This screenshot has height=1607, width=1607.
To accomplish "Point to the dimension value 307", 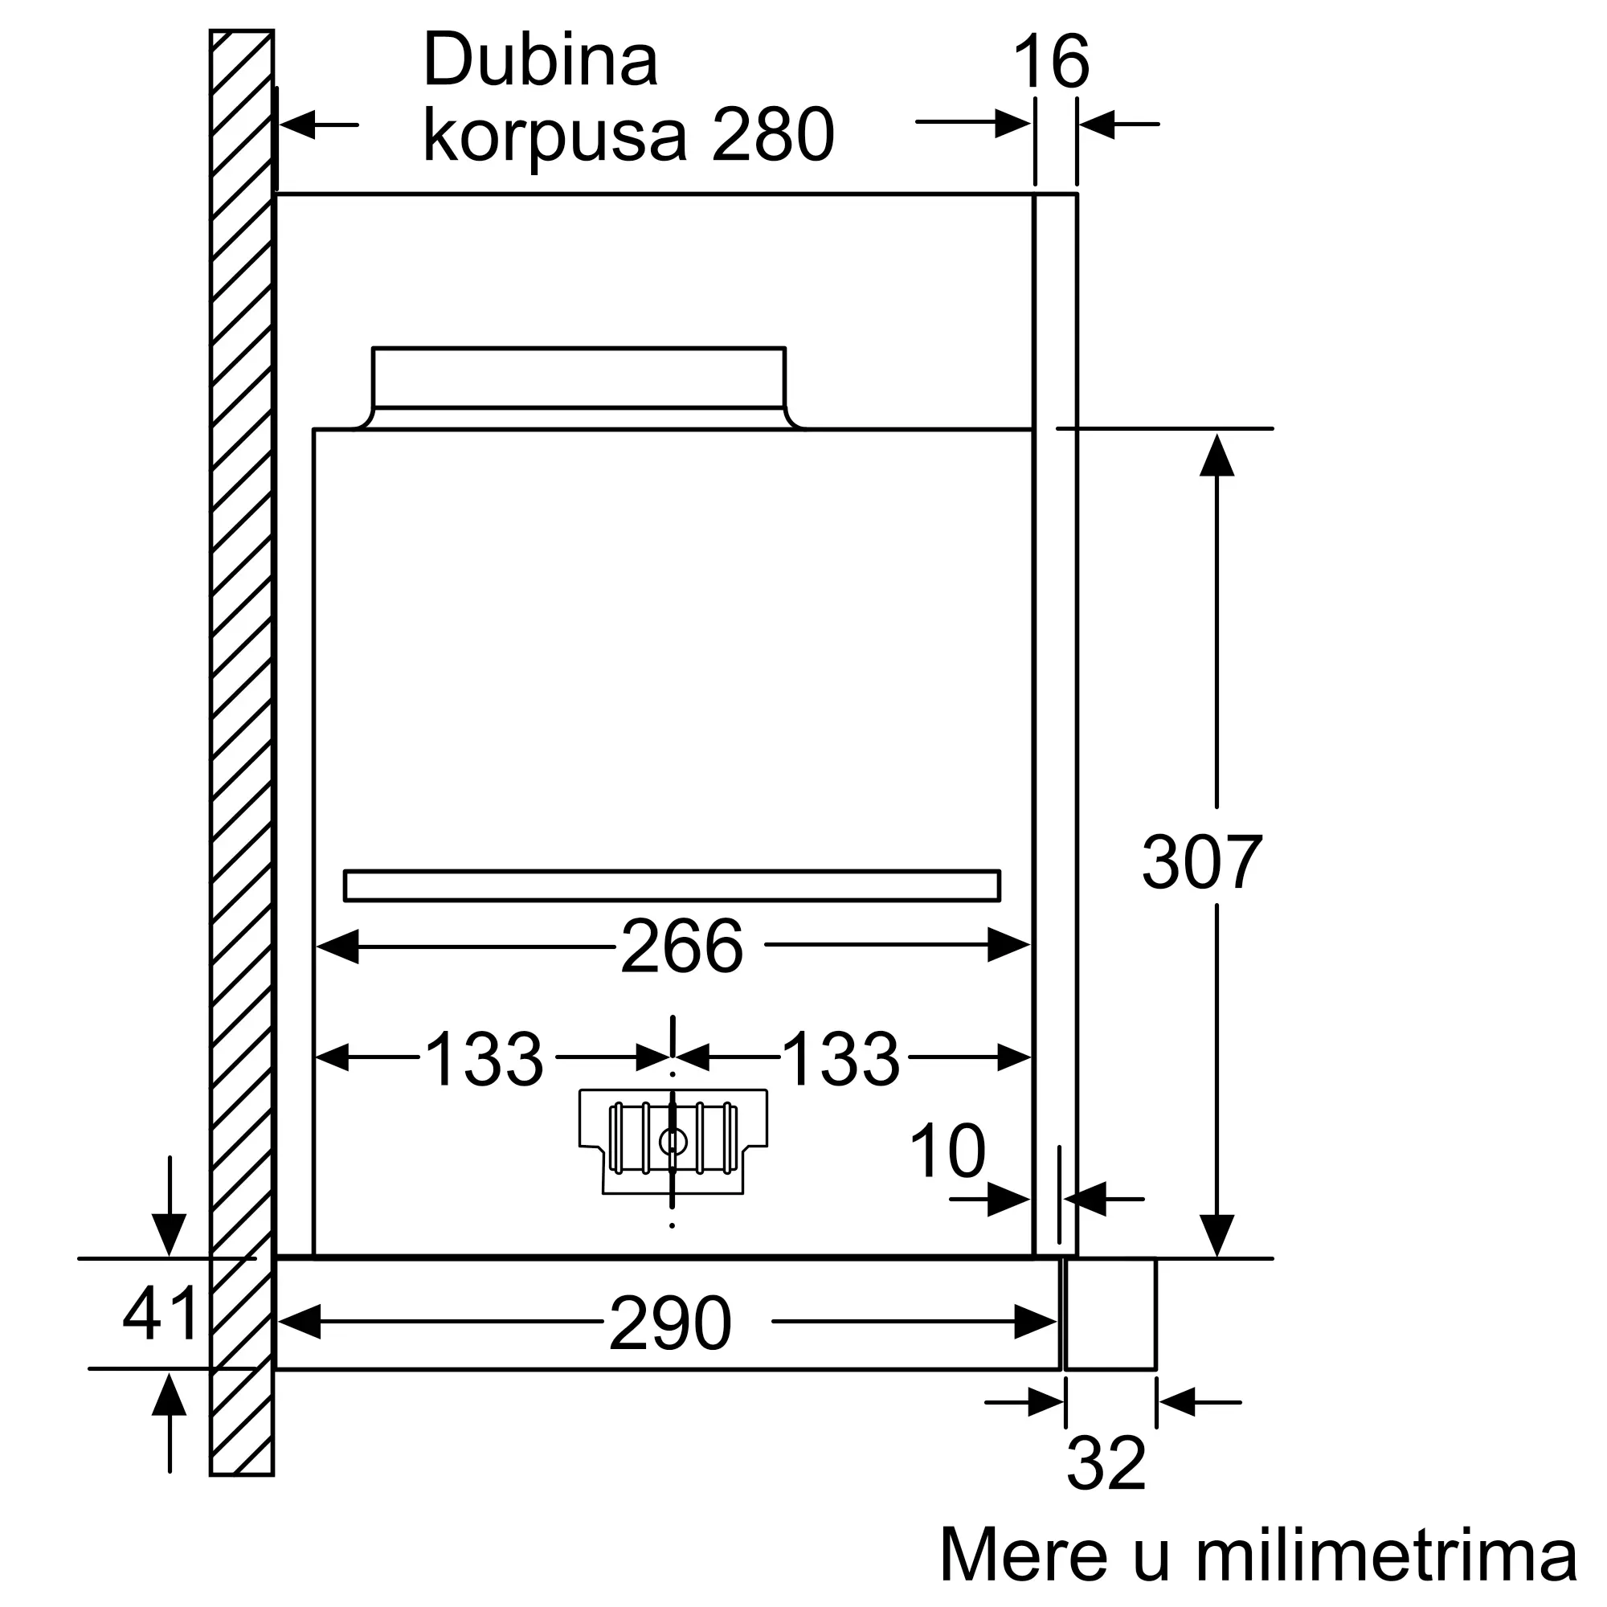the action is [x=1201, y=862].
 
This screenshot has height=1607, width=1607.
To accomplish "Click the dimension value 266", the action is [x=681, y=946].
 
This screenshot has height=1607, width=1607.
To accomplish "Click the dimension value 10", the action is [x=947, y=1151].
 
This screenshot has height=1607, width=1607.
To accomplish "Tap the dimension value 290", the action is [x=669, y=1323].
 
